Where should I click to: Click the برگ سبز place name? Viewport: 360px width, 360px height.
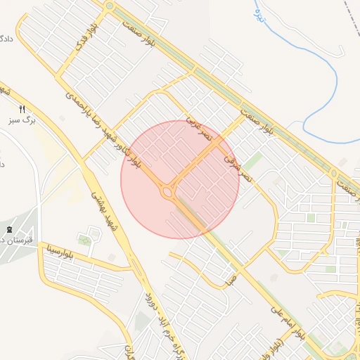tap(23, 121)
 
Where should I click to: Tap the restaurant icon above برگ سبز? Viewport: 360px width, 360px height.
tap(22, 109)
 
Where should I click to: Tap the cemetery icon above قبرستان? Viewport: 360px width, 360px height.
tap(8, 230)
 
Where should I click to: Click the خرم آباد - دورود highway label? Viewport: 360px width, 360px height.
tap(154, 316)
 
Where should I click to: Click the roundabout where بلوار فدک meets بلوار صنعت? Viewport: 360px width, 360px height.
tap(109, 6)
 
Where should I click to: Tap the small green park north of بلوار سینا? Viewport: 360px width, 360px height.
tap(85, 240)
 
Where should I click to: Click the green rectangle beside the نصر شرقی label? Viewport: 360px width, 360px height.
tap(252, 161)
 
